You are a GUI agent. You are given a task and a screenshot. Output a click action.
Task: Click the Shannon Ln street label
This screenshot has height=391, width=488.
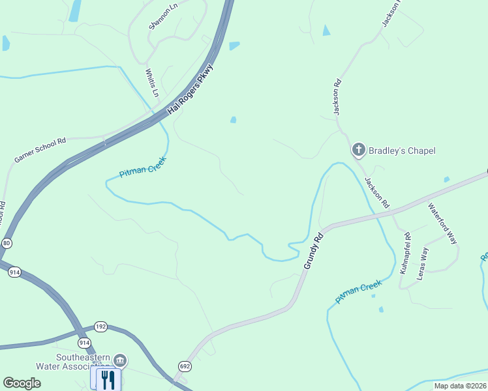(162, 17)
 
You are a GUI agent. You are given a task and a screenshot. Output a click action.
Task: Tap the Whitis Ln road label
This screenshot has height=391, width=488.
(151, 83)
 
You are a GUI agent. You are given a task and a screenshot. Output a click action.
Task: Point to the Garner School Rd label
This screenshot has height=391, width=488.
(40, 150)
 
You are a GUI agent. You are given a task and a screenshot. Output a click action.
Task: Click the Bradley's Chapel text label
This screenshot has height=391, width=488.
(402, 151)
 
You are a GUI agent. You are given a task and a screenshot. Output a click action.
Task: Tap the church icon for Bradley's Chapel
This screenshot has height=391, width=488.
(358, 151)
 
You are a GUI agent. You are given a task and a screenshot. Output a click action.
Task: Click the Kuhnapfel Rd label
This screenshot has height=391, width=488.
(404, 252)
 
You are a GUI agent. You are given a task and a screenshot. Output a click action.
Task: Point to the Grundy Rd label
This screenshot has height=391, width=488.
(313, 250)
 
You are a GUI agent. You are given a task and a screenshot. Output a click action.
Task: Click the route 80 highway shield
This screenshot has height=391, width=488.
(7, 243)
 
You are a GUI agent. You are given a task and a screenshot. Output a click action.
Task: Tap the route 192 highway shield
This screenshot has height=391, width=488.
(100, 327)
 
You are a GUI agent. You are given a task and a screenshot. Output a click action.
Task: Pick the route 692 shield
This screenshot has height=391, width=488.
(185, 366)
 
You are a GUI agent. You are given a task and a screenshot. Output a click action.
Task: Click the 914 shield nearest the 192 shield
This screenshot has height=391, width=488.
(84, 342)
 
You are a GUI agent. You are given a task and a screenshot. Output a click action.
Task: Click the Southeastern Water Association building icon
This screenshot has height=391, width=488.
(119, 360)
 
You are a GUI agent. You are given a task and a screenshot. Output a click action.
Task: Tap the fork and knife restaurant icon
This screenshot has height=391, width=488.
(108, 379)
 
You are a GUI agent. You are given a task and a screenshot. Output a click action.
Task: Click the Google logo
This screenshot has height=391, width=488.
(22, 383)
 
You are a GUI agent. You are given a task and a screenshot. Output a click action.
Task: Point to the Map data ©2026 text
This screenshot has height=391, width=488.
(459, 385)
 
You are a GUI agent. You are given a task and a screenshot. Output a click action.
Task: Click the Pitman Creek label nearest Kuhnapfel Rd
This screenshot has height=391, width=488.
(358, 291)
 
